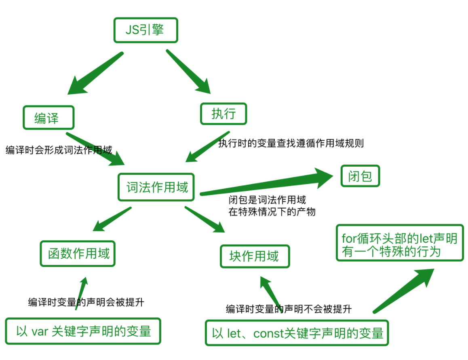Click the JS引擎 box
[x=145, y=30]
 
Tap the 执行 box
[x=223, y=114]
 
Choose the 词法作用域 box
[x=156, y=187]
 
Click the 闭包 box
[x=360, y=176]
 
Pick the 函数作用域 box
[x=77, y=254]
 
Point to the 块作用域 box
[x=255, y=256]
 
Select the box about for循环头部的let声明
[x=399, y=244]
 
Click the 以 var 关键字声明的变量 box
[x=83, y=331]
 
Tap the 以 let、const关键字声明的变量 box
[x=297, y=333]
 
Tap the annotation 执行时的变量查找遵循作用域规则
[x=291, y=143]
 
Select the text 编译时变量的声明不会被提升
[x=289, y=309]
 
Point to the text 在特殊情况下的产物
[x=272, y=211]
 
